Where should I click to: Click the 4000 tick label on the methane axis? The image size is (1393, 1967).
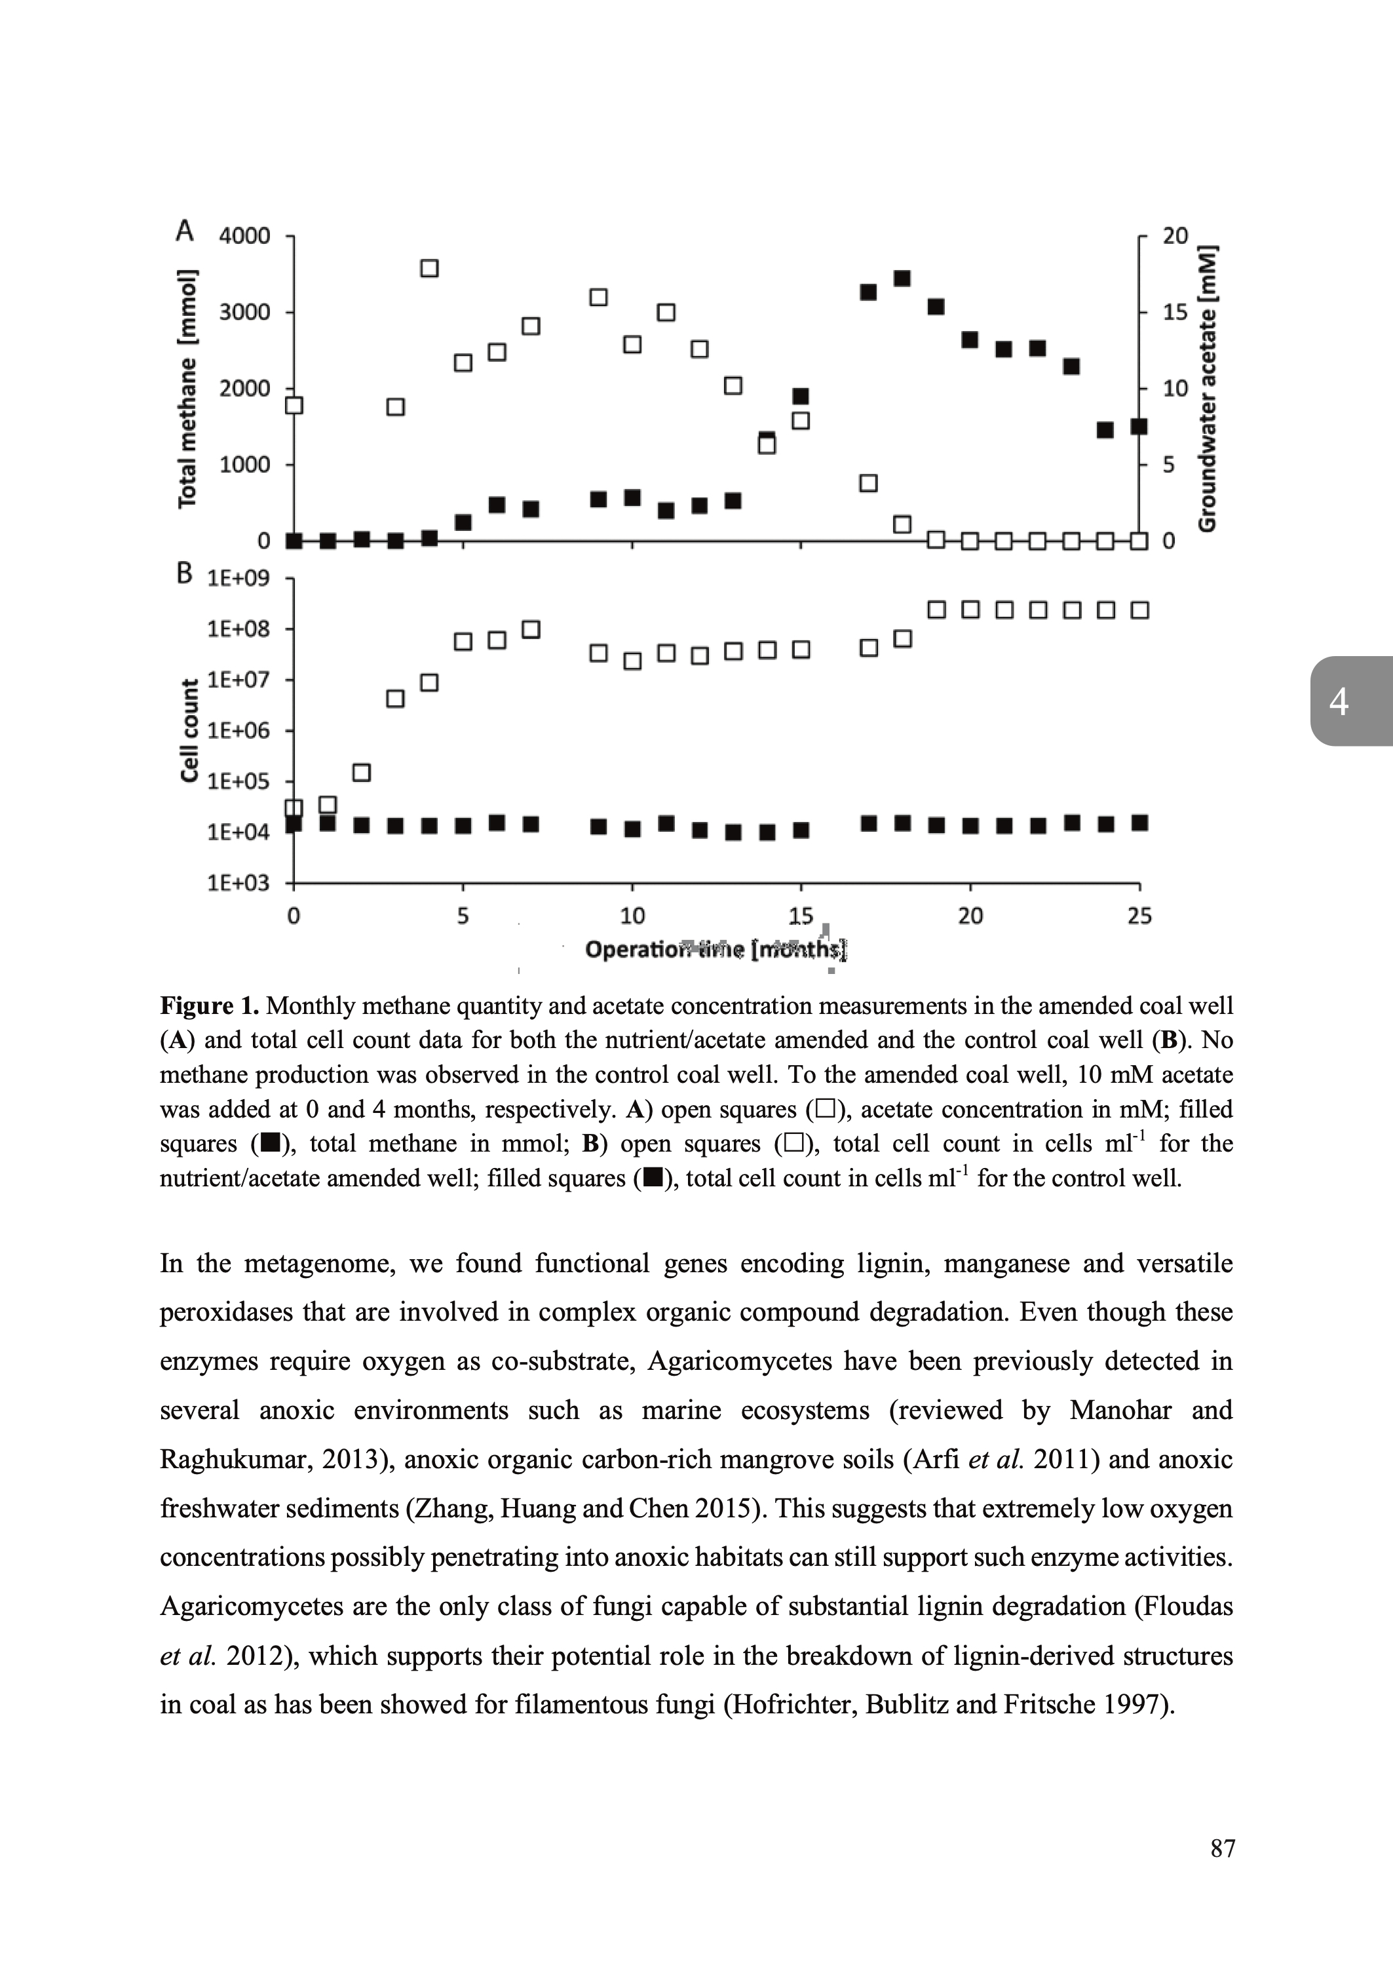click(244, 236)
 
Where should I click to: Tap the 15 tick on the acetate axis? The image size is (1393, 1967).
click(1175, 311)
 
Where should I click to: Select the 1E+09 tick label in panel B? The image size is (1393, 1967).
click(239, 578)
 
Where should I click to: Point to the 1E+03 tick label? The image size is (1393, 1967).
click(239, 883)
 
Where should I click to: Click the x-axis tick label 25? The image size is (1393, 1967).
click(1139, 916)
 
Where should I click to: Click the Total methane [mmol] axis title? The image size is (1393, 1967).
click(187, 388)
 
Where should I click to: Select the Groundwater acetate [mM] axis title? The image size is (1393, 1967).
click(1208, 388)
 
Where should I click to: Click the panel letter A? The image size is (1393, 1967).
click(184, 231)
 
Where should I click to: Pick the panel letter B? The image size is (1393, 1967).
click(184, 573)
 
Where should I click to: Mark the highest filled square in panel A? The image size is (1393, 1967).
click(902, 278)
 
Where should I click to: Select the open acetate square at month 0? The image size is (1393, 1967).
click(294, 405)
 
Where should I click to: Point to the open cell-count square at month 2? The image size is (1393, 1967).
click(362, 773)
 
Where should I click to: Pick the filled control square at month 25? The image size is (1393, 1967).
click(1140, 823)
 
